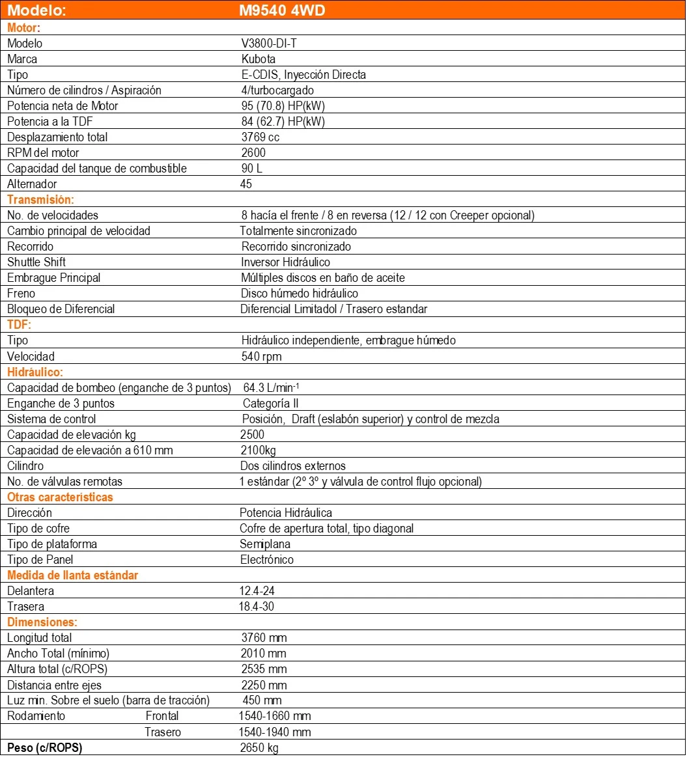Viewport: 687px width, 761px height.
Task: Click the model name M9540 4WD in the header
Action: (282, 11)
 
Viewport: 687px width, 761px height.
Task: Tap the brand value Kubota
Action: (258, 59)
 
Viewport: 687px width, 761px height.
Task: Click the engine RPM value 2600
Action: (253, 152)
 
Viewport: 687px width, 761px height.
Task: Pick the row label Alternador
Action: (32, 184)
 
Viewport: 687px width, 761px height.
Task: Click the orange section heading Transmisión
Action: (40, 199)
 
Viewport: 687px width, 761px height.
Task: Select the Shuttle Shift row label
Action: (36, 262)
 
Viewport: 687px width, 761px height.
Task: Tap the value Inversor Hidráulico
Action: (285, 262)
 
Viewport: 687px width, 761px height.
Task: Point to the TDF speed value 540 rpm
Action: (261, 356)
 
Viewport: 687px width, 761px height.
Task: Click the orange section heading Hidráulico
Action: (35, 372)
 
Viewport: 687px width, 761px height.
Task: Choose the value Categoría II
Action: (271, 403)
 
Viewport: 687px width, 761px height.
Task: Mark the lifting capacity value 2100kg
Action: (259, 450)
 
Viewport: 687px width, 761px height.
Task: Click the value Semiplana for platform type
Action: (266, 544)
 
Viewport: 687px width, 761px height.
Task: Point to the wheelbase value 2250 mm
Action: (264, 684)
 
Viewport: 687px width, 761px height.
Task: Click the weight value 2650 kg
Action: (259, 747)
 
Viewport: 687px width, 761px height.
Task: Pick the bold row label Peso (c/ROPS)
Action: (45, 747)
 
